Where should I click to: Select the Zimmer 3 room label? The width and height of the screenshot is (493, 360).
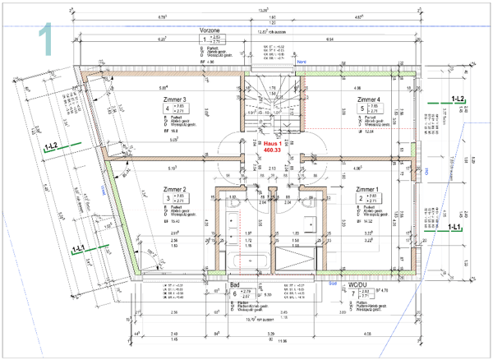[x=169, y=100]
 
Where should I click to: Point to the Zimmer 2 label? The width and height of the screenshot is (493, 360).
[x=169, y=190]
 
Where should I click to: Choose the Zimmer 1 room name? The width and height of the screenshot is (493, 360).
[x=367, y=190]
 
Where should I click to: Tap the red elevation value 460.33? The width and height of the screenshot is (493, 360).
[x=273, y=150]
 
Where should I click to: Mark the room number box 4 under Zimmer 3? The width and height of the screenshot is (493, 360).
[x=168, y=108]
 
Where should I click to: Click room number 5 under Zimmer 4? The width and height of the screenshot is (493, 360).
[x=362, y=108]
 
